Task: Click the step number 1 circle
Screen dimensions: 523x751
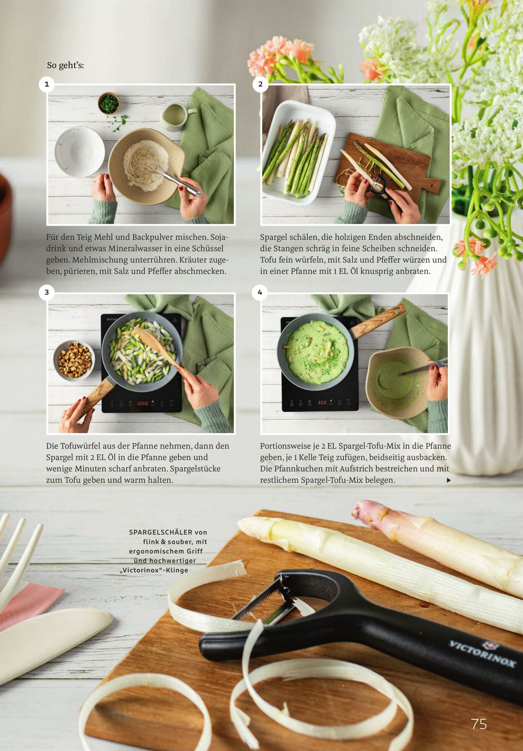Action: [46, 84]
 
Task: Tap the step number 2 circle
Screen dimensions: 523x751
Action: [260, 84]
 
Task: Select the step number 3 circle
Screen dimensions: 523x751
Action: [46, 292]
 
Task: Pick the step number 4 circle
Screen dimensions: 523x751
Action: [260, 292]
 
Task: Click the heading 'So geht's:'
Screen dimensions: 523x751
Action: [65, 65]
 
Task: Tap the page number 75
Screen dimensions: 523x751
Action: [479, 724]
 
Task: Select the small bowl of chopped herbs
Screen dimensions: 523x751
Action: [109, 103]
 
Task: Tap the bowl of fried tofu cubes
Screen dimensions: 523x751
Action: [74, 360]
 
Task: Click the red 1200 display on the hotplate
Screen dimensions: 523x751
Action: [143, 403]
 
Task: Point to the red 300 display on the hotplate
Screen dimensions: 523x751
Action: [322, 403]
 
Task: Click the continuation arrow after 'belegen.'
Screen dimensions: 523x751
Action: [449, 481]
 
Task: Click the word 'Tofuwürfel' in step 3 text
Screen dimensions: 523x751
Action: [85, 446]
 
